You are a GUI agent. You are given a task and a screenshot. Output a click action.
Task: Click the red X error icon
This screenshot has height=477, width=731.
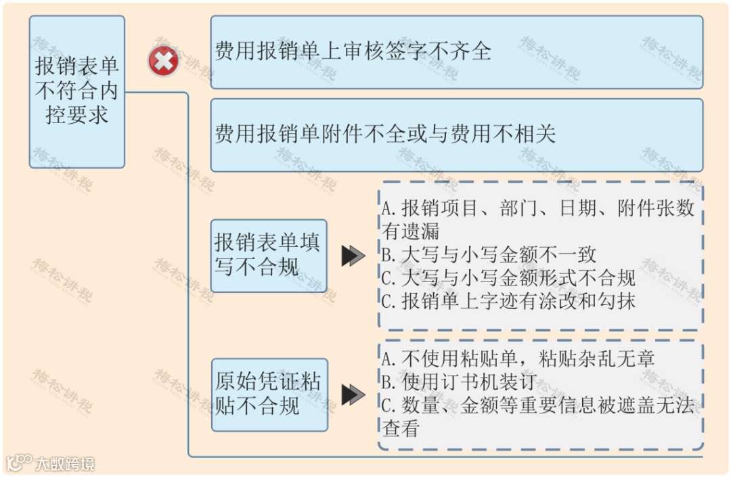(163, 62)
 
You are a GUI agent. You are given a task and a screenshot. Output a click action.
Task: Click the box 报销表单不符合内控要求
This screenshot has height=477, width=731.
(77, 91)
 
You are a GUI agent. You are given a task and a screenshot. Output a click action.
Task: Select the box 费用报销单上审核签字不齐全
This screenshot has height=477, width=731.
(456, 52)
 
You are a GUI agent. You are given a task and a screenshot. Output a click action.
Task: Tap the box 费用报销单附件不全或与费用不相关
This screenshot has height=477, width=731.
(456, 135)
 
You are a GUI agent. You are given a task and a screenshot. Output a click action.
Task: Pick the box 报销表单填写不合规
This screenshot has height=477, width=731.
(268, 255)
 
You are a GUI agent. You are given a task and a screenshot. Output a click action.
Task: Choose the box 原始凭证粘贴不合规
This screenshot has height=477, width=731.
(268, 394)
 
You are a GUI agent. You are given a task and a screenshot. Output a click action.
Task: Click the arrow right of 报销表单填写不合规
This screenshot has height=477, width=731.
(353, 256)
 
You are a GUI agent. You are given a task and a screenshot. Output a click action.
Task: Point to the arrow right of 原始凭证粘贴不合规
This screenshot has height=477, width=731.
(353, 394)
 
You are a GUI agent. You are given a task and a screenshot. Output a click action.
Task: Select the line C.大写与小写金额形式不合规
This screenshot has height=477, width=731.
(508, 277)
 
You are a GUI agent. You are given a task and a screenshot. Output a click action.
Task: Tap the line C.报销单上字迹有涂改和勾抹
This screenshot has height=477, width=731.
(508, 301)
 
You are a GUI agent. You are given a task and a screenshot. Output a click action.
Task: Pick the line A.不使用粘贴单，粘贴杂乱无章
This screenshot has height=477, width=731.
(518, 359)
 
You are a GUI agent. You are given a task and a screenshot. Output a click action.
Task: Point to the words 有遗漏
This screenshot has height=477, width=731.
(411, 231)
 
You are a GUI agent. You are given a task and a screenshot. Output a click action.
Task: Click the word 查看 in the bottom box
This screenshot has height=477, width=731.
(401, 428)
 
